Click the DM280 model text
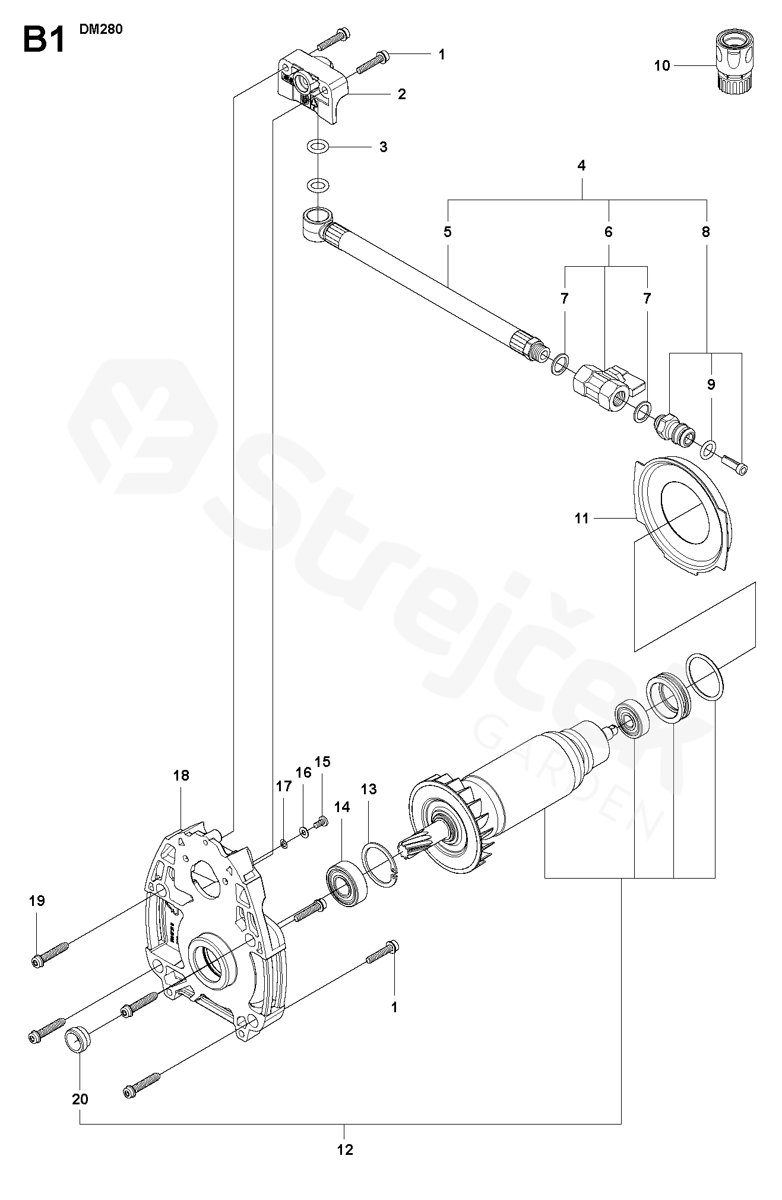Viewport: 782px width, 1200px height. (x=101, y=29)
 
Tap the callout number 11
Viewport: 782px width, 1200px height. (x=581, y=519)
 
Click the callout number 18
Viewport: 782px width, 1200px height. (x=181, y=775)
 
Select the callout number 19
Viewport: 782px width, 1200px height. (x=37, y=901)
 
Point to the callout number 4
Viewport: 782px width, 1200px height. (x=581, y=166)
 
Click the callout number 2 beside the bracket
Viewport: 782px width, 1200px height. (x=402, y=94)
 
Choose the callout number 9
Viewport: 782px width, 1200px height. (x=711, y=384)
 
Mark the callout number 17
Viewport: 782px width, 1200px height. (x=284, y=787)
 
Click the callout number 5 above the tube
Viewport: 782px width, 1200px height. (x=448, y=232)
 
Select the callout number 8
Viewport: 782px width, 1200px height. (x=706, y=232)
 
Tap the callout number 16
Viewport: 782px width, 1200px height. (x=303, y=772)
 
